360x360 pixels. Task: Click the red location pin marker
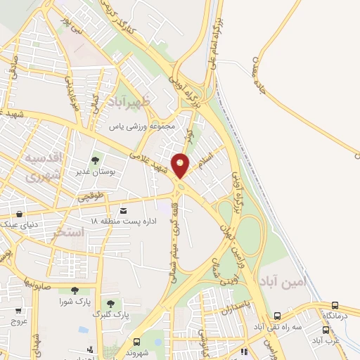pos(181,165)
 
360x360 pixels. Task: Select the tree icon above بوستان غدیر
pos(96,161)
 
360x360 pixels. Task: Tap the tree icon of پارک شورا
pos(74,290)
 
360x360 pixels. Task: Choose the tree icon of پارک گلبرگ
pos(110,303)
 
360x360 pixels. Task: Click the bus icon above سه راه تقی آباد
pos(278,316)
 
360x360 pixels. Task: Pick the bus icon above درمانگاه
pos(335,305)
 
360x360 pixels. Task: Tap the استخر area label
pos(68,231)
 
